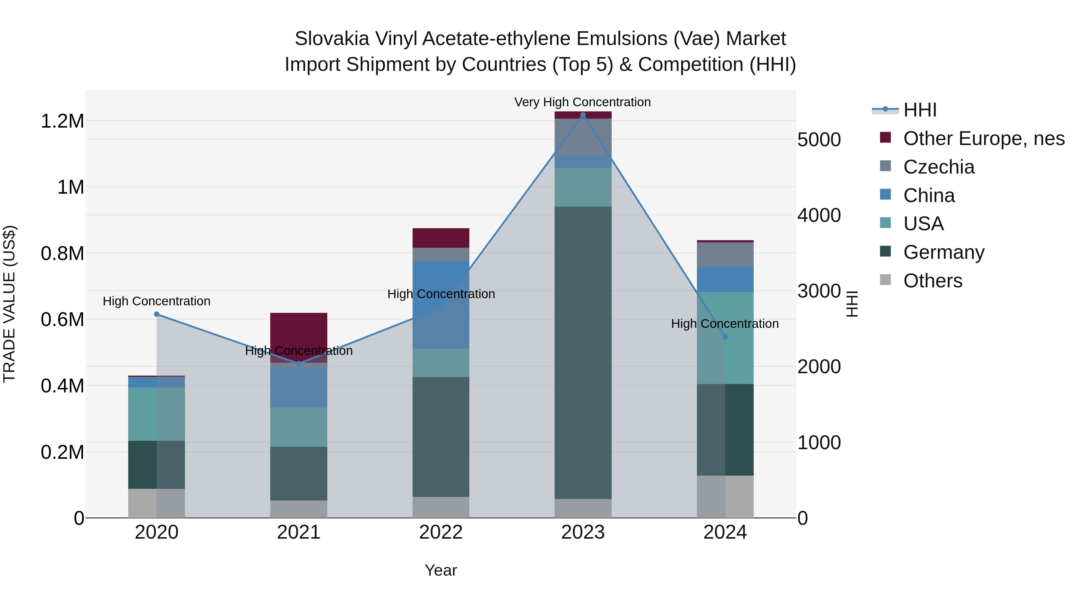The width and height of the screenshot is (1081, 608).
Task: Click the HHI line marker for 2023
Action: pyautogui.click(x=583, y=115)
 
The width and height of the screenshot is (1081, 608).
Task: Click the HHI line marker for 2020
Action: pyautogui.click(x=156, y=314)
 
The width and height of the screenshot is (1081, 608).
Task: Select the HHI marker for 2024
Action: pyautogui.click(x=725, y=337)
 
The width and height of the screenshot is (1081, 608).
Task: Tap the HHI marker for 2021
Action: pyautogui.click(x=299, y=364)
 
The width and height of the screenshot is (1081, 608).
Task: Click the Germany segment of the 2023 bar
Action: pyautogui.click(x=583, y=352)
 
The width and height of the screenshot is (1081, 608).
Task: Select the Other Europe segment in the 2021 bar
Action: pyautogui.click(x=299, y=331)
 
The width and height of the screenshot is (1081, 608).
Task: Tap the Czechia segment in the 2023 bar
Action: pyautogui.click(x=583, y=137)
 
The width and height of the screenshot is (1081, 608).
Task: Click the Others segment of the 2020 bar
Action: pyautogui.click(x=156, y=503)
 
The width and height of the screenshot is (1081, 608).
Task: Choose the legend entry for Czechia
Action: pyautogui.click(x=938, y=167)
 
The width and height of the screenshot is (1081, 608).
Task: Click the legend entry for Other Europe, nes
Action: pyautogui.click(x=983, y=138)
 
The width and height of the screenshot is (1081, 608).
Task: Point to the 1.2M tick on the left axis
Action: pyautogui.click(x=62, y=121)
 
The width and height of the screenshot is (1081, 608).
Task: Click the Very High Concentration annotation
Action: pyautogui.click(x=583, y=102)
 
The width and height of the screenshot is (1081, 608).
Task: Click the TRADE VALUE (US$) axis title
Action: pyautogui.click(x=10, y=304)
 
